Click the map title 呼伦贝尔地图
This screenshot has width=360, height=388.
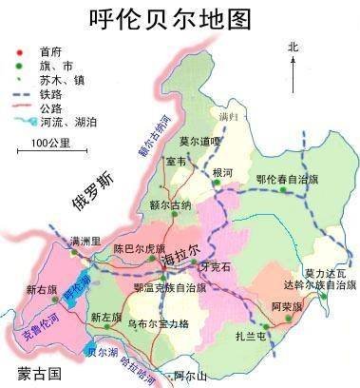180,18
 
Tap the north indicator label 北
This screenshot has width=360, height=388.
293,45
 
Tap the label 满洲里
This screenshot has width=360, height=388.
64,242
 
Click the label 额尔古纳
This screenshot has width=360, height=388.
170,205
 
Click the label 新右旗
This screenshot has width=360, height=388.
42,289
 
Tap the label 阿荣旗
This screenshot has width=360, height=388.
286,306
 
